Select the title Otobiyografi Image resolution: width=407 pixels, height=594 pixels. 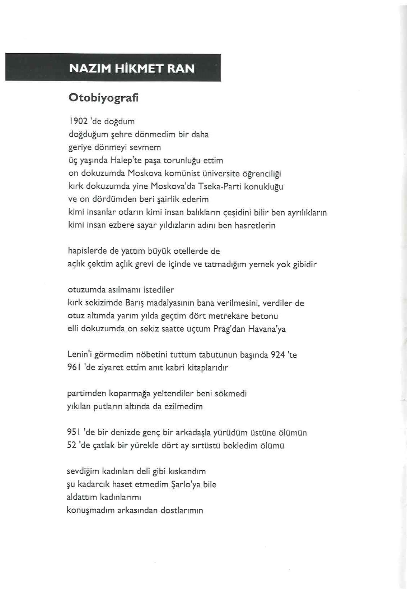103,98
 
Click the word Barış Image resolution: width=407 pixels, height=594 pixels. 135,303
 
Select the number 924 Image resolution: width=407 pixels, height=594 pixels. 278,355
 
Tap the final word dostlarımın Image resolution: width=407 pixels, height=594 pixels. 182,510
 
